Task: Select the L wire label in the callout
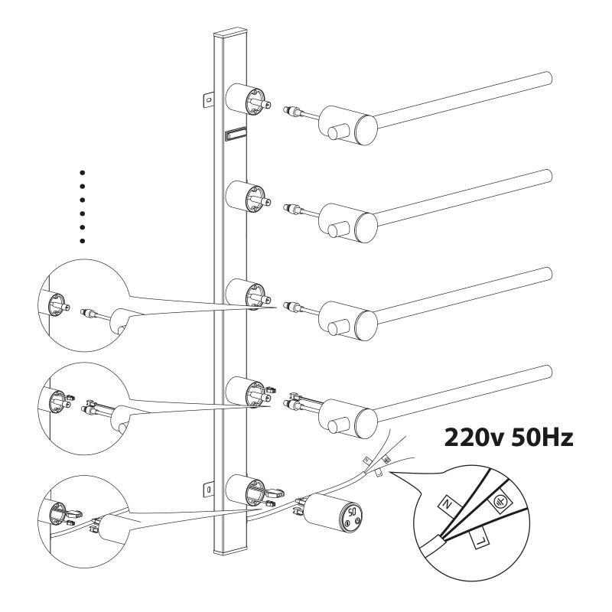pos(481,540)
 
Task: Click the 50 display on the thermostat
pos(352,510)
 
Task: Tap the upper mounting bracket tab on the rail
pos(208,99)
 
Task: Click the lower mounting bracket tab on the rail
pos(208,489)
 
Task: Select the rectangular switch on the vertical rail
pos(236,135)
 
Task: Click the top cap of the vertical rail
pos(231,31)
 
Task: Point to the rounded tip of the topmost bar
pos(548,77)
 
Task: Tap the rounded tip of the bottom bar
pos(548,371)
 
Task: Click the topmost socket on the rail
pos(246,99)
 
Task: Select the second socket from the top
pos(246,197)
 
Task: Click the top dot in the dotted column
pos(83,173)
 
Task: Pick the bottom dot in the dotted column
pos(83,241)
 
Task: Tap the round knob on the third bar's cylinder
pos(334,329)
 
